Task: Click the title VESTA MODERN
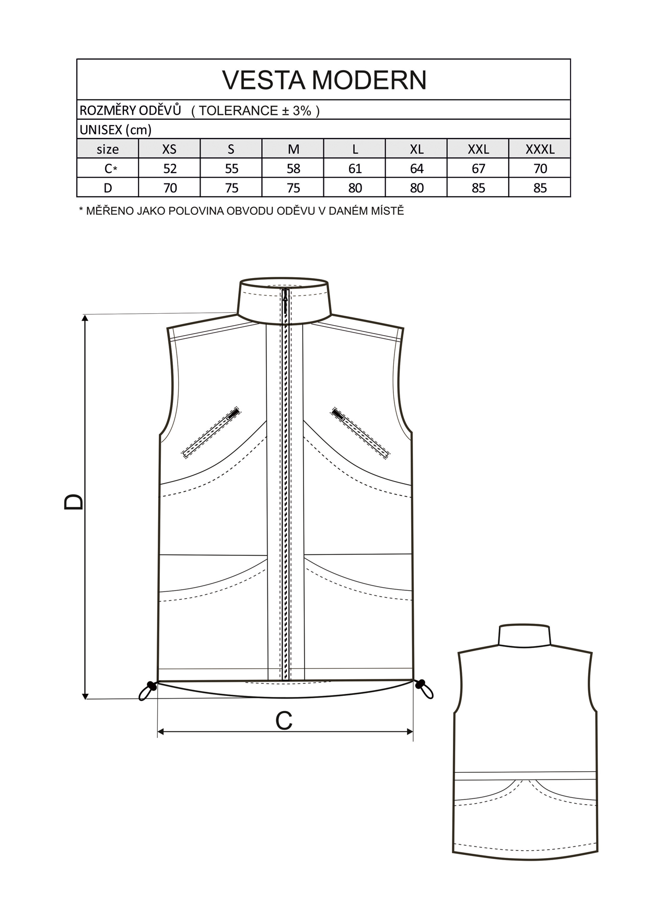[324, 80]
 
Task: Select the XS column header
[169, 149]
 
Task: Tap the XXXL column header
[540, 149]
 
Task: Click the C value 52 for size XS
[170, 168]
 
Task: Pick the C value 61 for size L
[355, 168]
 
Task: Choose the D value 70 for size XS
[170, 188]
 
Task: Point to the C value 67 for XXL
[478, 168]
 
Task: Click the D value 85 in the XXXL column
[540, 188]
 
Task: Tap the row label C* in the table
[109, 168]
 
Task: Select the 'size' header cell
[108, 149]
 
